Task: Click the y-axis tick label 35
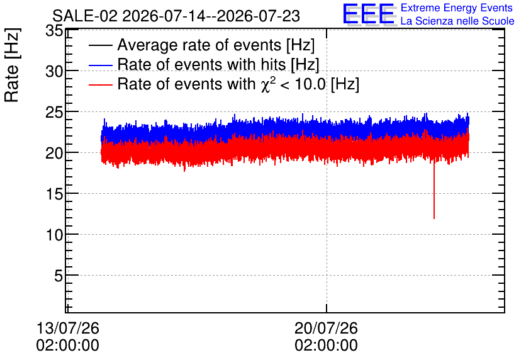54,31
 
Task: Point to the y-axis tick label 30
54,71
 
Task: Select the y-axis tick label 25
54,113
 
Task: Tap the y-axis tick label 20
54,154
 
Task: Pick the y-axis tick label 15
54,194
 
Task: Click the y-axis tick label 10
54,235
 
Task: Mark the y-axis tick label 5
59,276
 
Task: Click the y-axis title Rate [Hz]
12,65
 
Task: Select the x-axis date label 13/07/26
68,328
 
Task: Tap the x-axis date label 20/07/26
326,328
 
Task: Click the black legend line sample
100,45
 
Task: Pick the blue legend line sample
100,65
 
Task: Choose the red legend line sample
100,84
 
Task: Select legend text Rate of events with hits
201,64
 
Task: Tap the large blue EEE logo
369,14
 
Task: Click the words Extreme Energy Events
457,8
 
